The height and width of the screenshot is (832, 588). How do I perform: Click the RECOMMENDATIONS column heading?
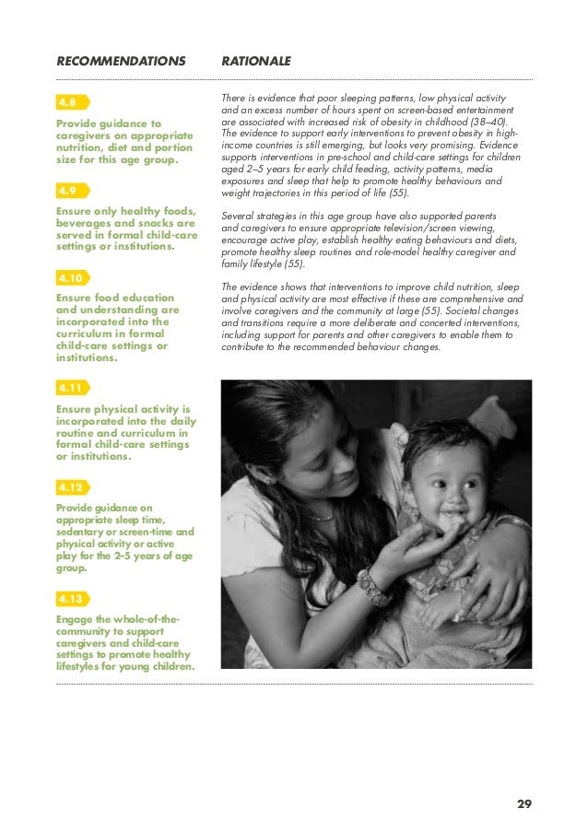coord(120,61)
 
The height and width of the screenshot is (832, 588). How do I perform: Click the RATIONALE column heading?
coord(256,61)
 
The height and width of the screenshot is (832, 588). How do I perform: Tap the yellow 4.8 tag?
coord(68,101)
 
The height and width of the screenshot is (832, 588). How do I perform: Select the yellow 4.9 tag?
coord(68,191)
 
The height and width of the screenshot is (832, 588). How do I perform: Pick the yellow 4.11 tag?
coord(70,388)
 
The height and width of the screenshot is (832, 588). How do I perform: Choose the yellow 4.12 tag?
coord(70,486)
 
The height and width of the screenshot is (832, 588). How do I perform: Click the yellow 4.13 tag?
coord(70,598)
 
